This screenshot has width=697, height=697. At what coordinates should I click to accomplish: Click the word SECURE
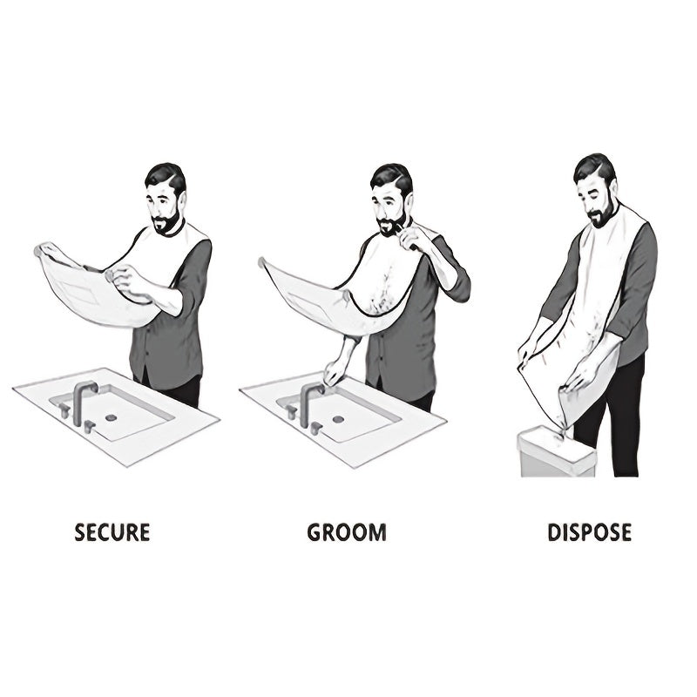coord(112,531)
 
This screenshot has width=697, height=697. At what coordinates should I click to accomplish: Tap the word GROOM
coord(346,531)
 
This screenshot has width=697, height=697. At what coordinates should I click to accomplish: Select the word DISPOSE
coord(589,531)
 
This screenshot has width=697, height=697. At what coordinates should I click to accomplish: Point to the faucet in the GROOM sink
coord(308,403)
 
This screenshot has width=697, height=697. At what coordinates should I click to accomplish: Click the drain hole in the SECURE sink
coord(112,418)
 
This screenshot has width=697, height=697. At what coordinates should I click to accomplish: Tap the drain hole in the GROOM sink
coord(338,420)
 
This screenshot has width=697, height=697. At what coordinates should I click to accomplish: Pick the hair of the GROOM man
coord(390,177)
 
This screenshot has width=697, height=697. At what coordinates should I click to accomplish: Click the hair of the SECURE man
coord(165,177)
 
